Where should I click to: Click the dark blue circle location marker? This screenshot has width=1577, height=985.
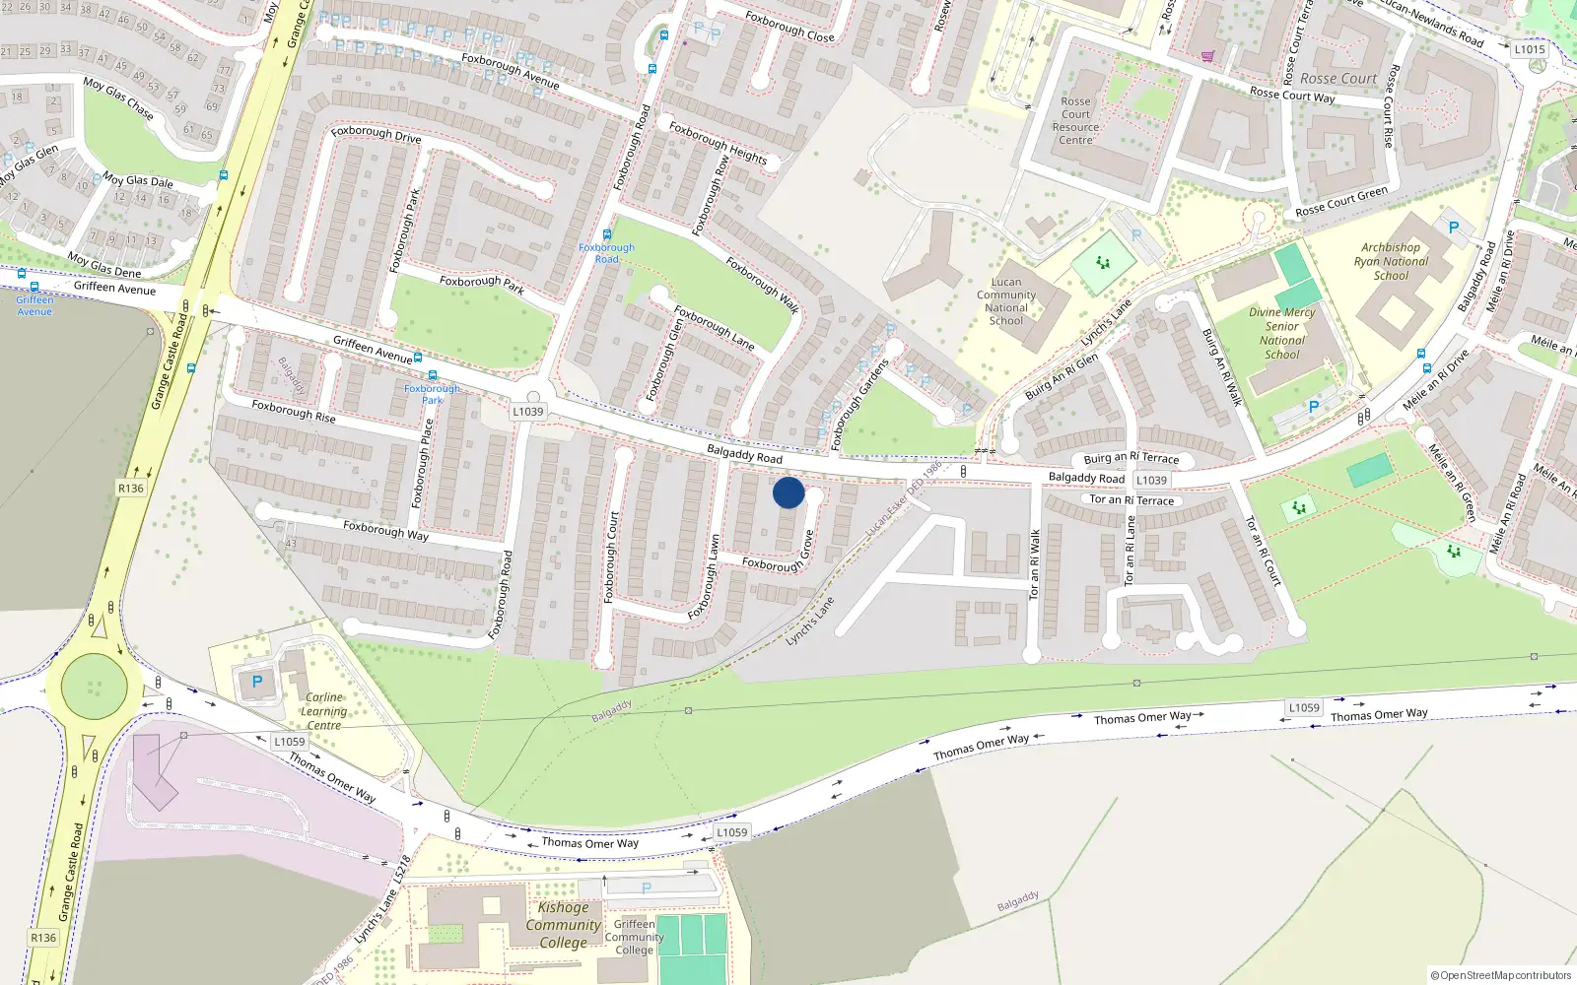(x=788, y=492)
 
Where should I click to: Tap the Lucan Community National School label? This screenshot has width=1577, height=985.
(x=1005, y=301)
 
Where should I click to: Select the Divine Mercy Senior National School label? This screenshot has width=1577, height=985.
(x=1281, y=333)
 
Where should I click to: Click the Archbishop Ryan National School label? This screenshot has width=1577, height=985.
(x=1391, y=262)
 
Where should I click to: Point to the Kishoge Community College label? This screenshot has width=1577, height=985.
(x=563, y=925)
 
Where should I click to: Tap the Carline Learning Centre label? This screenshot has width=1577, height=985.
(x=323, y=711)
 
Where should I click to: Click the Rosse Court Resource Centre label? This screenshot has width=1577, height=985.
(x=1075, y=121)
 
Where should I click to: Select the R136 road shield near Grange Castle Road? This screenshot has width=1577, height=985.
(x=130, y=489)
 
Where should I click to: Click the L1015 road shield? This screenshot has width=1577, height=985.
(x=1530, y=49)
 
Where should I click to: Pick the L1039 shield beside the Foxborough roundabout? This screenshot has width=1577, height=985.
(x=528, y=412)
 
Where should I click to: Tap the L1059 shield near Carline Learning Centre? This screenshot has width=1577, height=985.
(x=290, y=742)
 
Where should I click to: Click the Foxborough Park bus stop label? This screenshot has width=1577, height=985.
(x=432, y=394)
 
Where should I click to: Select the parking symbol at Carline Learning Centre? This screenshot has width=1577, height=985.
(x=257, y=682)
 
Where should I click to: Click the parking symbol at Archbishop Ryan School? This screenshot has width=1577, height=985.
(x=1453, y=228)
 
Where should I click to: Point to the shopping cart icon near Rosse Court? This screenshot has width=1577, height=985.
(x=1207, y=56)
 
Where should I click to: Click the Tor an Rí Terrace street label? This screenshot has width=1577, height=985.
(x=1131, y=500)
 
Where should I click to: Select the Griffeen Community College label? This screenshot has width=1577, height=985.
(x=634, y=937)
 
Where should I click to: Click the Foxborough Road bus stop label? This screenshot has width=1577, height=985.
(x=606, y=253)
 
